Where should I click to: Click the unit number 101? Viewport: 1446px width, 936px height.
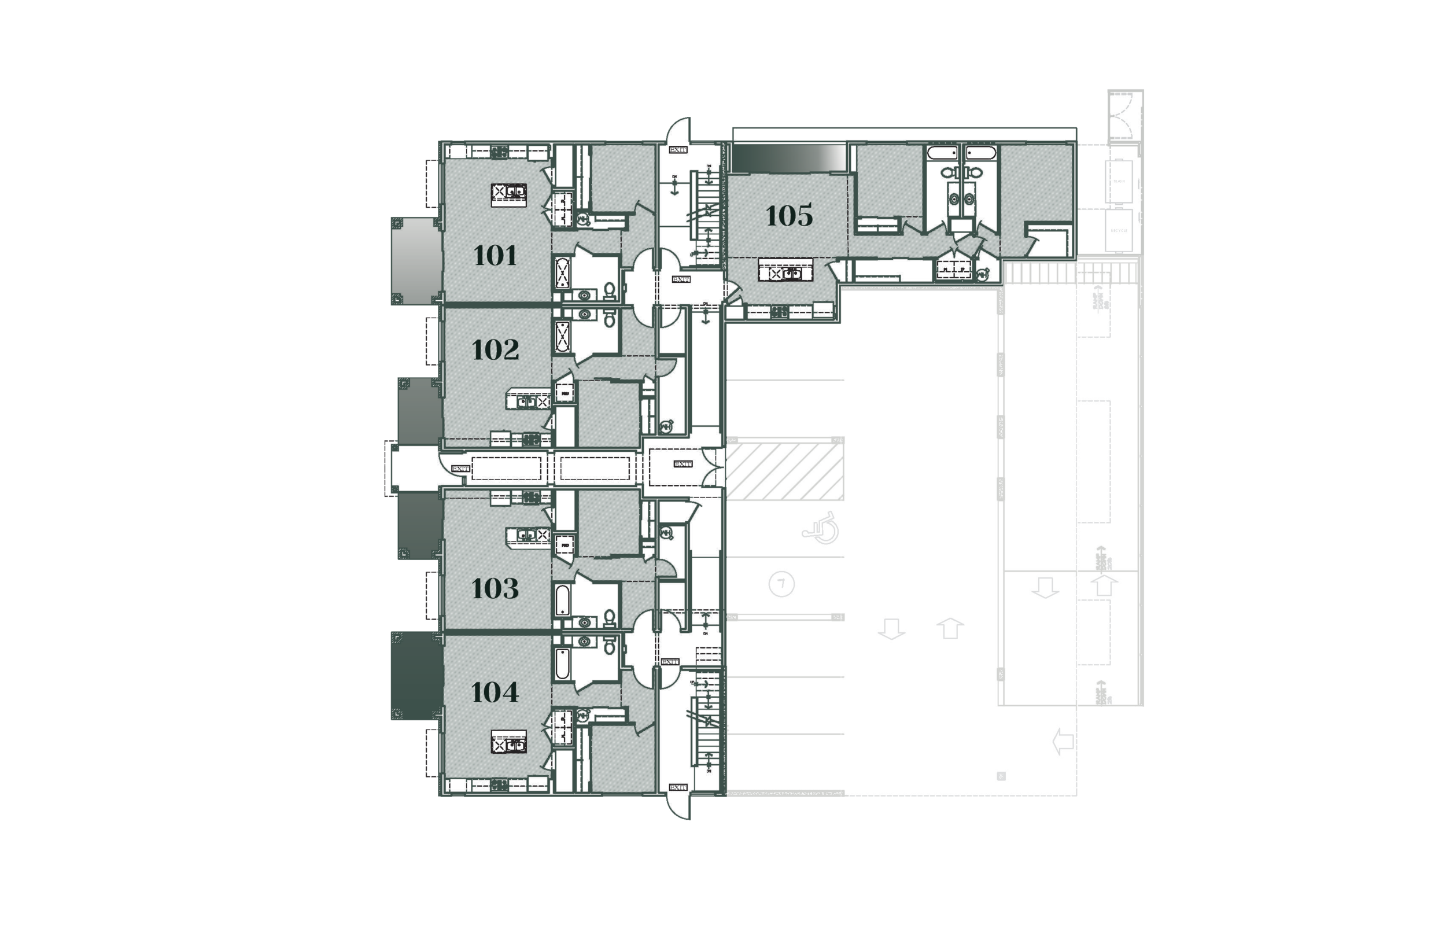click(495, 255)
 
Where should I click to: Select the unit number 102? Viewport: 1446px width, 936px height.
click(495, 349)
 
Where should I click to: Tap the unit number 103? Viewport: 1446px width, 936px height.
click(495, 588)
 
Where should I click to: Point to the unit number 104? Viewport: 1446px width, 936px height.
click(495, 692)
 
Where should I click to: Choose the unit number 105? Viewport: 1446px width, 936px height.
click(788, 215)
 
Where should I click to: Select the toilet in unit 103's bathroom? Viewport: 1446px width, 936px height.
click(610, 619)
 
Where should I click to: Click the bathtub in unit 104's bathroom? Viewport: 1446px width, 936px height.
click(563, 664)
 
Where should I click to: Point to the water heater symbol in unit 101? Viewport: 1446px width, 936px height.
click(582, 218)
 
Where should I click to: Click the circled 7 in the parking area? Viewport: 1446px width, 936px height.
click(781, 585)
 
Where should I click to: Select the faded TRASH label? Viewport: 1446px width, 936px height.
click(1119, 181)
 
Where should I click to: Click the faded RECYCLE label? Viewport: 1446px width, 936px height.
click(1119, 231)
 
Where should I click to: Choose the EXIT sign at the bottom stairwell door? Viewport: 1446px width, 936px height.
click(677, 787)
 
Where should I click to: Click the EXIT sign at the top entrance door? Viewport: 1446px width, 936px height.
click(677, 149)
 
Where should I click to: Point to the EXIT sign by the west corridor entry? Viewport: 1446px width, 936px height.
click(460, 468)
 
